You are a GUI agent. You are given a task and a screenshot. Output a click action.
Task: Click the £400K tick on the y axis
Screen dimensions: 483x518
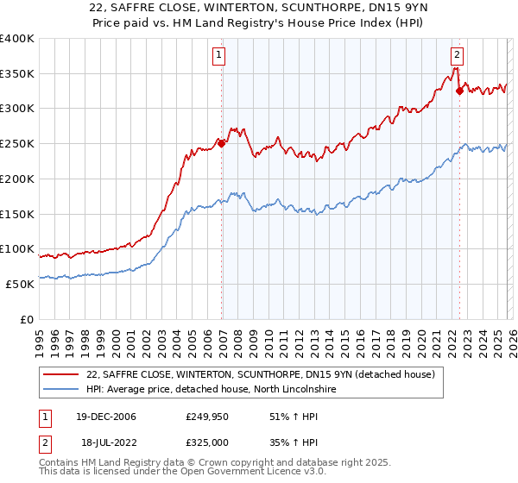(17, 39)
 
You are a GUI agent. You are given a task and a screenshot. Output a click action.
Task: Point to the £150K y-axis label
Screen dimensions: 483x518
(17, 214)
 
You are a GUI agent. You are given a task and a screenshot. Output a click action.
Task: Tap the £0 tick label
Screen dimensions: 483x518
(26, 319)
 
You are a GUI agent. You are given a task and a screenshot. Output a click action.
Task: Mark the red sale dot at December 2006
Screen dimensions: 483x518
(222, 143)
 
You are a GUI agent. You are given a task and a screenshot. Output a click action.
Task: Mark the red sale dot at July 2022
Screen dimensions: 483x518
(459, 91)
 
